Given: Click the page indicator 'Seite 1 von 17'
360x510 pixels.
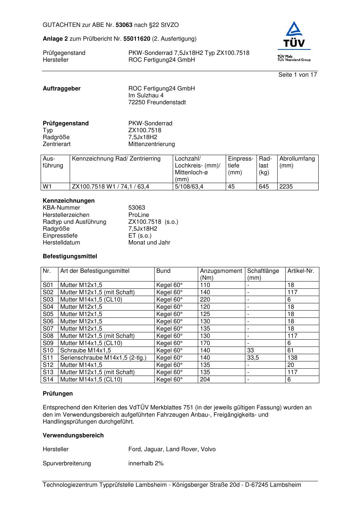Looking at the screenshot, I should [x=298, y=75].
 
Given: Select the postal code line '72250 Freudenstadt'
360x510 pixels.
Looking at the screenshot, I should [x=157, y=102].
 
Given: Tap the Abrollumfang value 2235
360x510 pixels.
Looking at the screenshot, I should [x=286, y=187].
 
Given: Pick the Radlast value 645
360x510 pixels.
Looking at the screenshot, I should [x=264, y=187].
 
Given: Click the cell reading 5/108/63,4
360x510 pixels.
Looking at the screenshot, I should [x=189, y=187].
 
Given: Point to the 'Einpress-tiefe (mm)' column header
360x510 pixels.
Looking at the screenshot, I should [x=241, y=165].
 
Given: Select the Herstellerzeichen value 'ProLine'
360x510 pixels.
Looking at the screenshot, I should [x=139, y=215].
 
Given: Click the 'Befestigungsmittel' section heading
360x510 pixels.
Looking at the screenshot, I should [x=70, y=256].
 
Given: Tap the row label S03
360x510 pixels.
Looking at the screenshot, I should [x=48, y=300].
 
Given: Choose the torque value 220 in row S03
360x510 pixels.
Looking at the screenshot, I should [x=205, y=300].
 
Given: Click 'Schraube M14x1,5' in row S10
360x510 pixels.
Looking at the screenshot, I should [x=86, y=351].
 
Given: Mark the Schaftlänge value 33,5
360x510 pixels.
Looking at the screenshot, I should [x=253, y=358].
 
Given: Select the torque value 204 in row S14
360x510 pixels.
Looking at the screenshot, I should [x=205, y=380].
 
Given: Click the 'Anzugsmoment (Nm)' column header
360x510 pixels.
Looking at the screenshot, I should [x=221, y=274].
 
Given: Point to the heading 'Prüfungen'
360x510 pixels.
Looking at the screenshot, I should [x=58, y=394].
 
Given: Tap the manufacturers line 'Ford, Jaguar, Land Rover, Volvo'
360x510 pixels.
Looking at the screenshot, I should [x=172, y=449].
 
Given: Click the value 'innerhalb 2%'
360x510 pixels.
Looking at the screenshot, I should [x=146, y=464].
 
